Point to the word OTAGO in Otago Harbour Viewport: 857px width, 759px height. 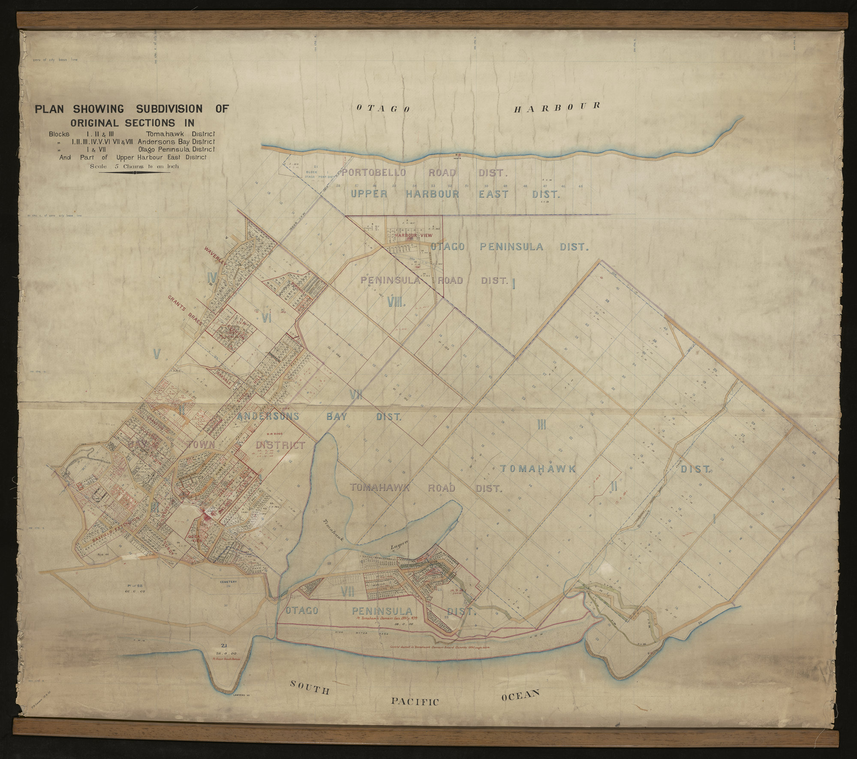(384, 109)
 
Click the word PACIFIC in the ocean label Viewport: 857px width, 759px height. (414, 701)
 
